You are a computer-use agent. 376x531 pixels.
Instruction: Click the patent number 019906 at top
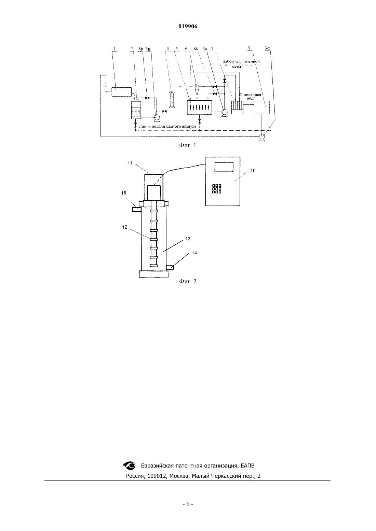[x=188, y=27]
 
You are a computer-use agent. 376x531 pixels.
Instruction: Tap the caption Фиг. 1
[x=188, y=145]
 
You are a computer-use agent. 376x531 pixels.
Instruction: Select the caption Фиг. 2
[x=188, y=282]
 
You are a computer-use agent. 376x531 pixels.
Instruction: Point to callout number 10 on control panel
[x=253, y=170]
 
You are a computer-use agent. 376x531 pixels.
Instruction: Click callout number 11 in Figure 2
[x=130, y=163]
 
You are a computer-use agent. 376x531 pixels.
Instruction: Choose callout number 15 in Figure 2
[x=124, y=193]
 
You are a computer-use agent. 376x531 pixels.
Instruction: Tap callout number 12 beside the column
[x=125, y=227]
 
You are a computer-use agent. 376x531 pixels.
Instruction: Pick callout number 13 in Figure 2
[x=188, y=239]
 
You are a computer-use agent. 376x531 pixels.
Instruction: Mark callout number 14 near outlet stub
[x=194, y=253]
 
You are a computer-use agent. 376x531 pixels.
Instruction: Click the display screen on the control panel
[x=224, y=167]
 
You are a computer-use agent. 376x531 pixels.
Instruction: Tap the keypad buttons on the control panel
[x=217, y=189]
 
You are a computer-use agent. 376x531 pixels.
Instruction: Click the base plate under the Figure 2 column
[x=153, y=274]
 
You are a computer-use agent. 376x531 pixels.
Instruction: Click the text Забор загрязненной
[x=241, y=62]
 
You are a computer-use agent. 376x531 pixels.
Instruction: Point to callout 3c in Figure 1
[x=267, y=48]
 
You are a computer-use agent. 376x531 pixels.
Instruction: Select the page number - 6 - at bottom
[x=188, y=504]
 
